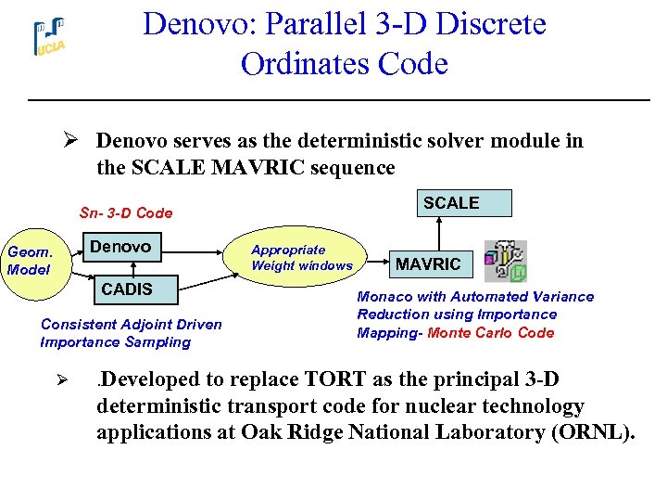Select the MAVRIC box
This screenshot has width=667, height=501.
pos(428,264)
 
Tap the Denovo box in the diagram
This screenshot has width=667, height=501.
pos(120,247)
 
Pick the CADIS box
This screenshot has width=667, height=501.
pos(127,289)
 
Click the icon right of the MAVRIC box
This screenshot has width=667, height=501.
pos(506,263)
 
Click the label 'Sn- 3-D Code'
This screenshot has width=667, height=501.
pos(126,212)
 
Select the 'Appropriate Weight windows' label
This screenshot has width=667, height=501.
pos(301,258)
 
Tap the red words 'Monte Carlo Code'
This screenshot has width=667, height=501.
pos(490,333)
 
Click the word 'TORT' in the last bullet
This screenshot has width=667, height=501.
pos(340,380)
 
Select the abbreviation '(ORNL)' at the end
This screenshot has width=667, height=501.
pos(589,432)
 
